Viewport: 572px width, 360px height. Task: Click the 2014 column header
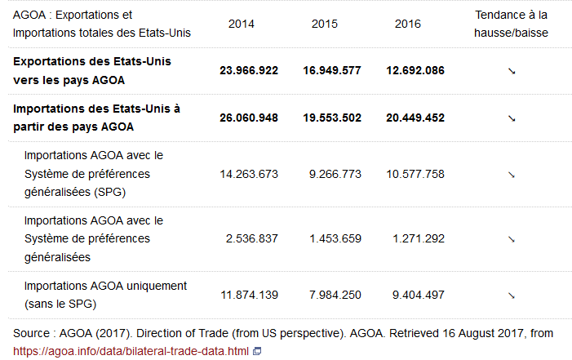pyautogui.click(x=241, y=24)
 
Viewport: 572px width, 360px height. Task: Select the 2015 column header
pyautogui.click(x=325, y=24)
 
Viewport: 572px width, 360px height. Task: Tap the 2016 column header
pyautogui.click(x=407, y=24)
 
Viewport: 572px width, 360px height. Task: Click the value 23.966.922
pyautogui.click(x=249, y=70)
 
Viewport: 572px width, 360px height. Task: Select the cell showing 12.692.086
pyautogui.click(x=415, y=70)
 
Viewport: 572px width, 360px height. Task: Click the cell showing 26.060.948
pyautogui.click(x=249, y=118)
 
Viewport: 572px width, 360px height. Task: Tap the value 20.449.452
pyautogui.click(x=415, y=118)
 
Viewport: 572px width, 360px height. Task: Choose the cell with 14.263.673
pyautogui.click(x=249, y=174)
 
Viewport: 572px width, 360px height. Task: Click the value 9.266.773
pyautogui.click(x=335, y=174)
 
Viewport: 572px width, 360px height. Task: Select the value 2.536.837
pyautogui.click(x=252, y=238)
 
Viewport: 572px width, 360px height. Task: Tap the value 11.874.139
pyautogui.click(x=249, y=295)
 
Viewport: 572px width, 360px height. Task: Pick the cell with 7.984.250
pyautogui.click(x=335, y=295)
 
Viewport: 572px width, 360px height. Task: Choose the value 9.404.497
pyautogui.click(x=418, y=295)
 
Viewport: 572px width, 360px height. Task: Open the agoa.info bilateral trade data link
pyautogui.click(x=131, y=351)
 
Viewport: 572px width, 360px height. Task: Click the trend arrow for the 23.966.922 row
pyautogui.click(x=512, y=71)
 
